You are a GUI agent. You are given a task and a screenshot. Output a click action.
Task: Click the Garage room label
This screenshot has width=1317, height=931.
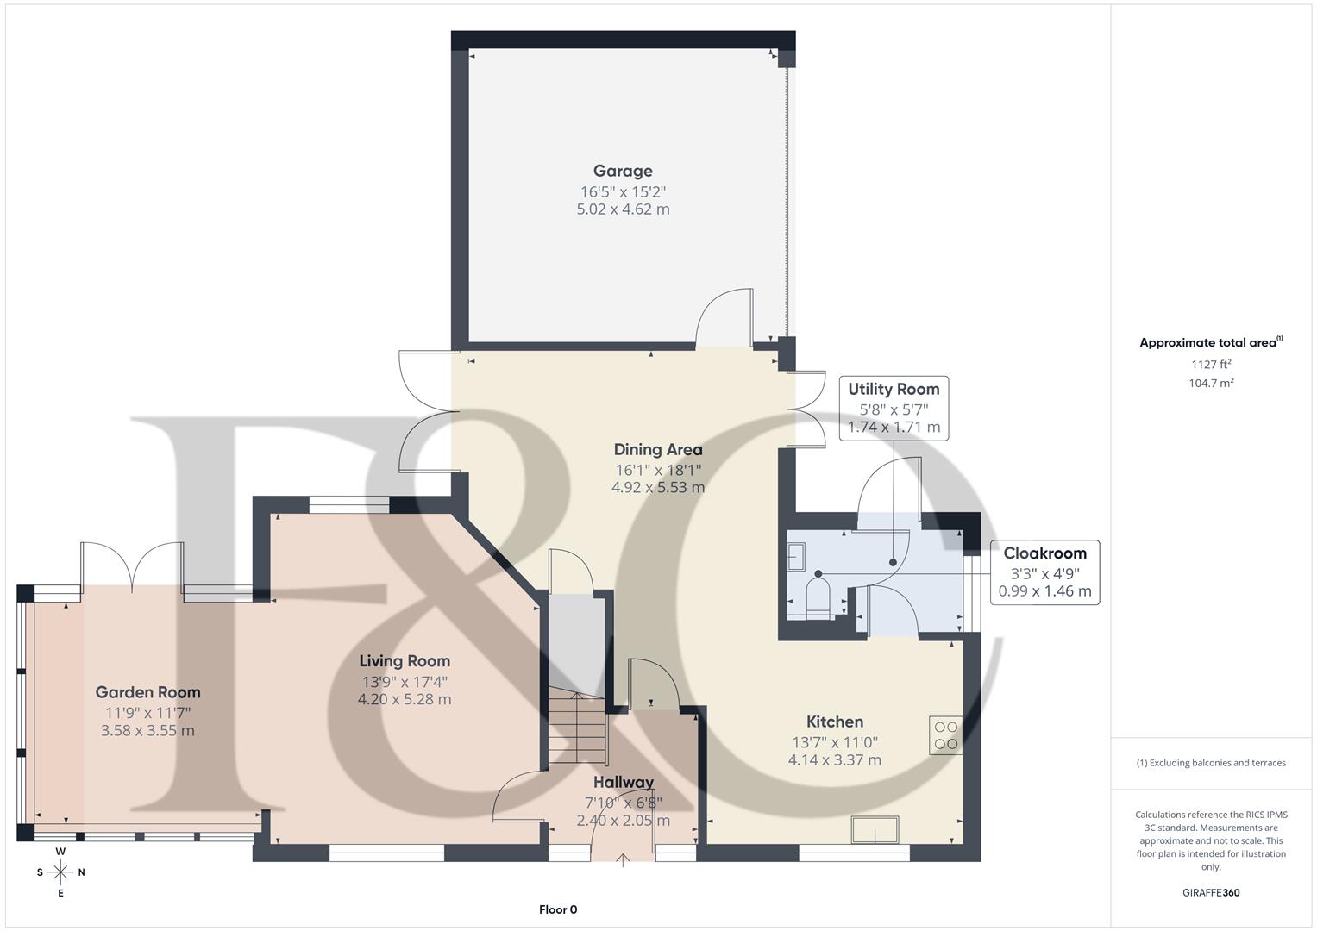(622, 171)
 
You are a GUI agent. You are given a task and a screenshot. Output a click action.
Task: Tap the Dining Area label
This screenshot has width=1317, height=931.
(657, 449)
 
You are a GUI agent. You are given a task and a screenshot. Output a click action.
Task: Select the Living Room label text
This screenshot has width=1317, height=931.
(405, 661)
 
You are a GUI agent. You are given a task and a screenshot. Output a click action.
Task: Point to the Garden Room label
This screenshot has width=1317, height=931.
(147, 692)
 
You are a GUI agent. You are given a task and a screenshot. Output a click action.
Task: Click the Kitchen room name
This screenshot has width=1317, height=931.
(834, 722)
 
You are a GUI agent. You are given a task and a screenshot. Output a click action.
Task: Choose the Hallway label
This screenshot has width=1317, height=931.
(623, 783)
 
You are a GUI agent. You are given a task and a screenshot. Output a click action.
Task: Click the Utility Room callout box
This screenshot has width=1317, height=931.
(894, 408)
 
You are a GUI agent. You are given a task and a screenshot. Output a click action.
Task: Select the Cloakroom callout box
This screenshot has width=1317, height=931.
(1044, 572)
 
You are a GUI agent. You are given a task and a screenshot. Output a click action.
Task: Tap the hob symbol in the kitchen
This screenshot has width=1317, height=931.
(945, 735)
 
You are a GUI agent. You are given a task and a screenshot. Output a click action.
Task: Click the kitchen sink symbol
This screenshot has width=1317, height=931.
(875, 830)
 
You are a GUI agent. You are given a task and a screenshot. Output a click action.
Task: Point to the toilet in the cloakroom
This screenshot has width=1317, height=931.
(816, 597)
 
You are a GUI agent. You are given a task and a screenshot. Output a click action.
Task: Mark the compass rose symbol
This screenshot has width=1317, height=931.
(60, 872)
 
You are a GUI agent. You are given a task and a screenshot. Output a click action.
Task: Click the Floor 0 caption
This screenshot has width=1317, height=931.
(557, 909)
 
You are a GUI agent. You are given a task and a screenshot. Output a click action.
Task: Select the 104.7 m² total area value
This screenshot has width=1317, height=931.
(1211, 384)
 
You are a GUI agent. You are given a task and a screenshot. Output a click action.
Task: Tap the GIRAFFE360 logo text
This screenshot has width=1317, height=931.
(1211, 892)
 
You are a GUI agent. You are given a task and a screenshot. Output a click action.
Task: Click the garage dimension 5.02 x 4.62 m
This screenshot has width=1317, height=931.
(623, 209)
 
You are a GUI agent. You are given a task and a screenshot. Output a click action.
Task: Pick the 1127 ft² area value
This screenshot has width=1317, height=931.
(1211, 365)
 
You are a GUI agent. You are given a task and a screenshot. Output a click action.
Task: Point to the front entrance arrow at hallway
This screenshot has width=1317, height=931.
(623, 859)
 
